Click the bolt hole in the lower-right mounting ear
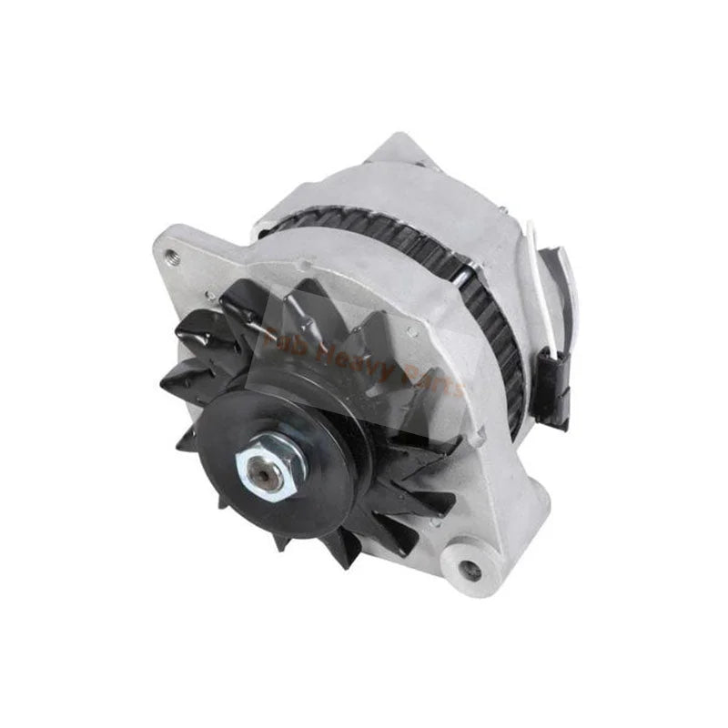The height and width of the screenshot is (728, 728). point(470,570)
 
